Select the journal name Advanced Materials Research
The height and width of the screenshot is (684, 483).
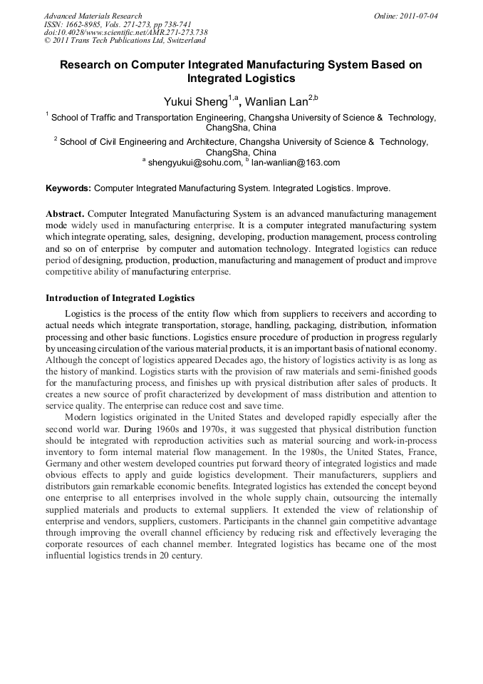point(93,16)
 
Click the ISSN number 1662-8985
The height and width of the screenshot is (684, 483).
point(90,24)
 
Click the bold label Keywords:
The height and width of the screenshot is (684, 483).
point(68,189)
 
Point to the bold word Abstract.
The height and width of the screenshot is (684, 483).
point(64,214)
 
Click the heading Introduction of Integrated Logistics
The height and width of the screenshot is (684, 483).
point(120,297)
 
